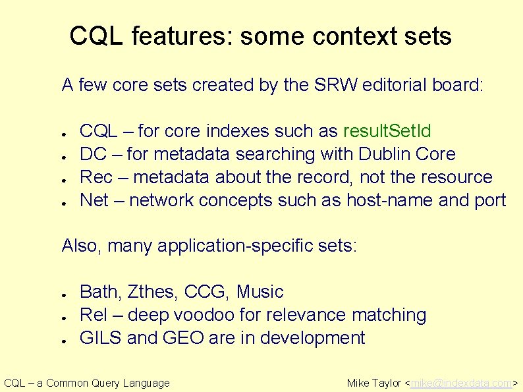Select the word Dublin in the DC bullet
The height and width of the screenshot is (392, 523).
tap(387, 154)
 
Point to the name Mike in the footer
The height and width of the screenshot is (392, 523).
tap(358, 383)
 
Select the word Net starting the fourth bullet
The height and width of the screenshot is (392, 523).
tap(94, 200)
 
